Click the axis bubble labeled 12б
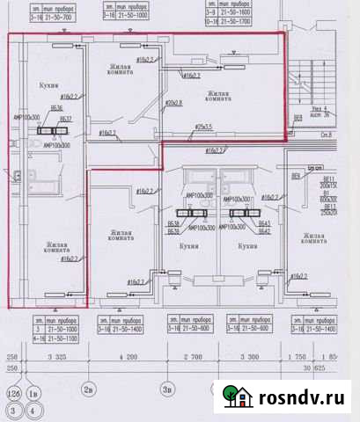click(12, 393)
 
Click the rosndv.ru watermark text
click(300, 398)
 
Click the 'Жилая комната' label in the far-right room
click(316, 241)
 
